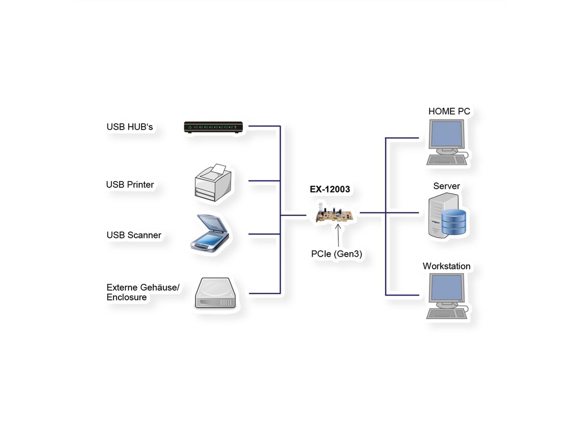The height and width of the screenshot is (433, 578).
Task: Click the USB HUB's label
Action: (130, 127)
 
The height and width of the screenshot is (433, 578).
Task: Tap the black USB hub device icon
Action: (213, 127)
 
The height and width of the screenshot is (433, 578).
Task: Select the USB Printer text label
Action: (130, 185)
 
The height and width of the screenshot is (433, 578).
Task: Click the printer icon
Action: (213, 183)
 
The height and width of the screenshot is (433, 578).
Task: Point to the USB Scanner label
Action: (134, 235)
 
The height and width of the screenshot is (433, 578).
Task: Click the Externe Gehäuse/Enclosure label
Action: (143, 293)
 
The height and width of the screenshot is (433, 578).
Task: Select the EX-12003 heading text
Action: (330, 190)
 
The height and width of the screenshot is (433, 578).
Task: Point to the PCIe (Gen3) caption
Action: (337, 254)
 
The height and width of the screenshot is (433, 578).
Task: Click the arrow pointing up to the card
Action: (339, 237)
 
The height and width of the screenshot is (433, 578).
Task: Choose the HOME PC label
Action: (449, 112)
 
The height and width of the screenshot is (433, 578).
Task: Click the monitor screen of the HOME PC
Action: (446, 134)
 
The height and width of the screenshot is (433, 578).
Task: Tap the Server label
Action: (447, 186)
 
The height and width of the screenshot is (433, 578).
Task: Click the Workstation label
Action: (447, 266)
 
